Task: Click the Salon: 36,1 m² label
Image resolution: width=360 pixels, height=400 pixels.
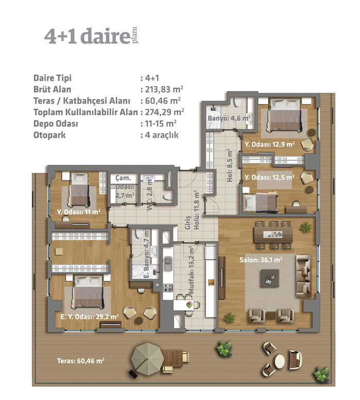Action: [261, 260]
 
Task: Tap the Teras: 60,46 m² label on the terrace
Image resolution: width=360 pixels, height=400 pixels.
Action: [81, 360]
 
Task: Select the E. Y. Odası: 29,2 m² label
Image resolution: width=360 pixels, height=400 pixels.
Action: [89, 317]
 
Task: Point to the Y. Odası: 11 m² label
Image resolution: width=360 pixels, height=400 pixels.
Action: [79, 212]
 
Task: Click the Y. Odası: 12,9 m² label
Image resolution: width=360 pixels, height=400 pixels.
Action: [269, 144]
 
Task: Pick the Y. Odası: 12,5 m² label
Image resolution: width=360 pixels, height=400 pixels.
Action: [269, 177]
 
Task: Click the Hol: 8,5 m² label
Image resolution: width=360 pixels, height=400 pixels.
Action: [229, 166]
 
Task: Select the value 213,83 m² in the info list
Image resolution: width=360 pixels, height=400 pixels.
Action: [164, 89]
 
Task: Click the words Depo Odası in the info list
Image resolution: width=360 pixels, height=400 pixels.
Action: [56, 123]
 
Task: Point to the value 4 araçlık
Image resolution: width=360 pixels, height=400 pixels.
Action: [162, 135]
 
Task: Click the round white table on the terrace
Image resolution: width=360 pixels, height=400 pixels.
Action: [280, 361]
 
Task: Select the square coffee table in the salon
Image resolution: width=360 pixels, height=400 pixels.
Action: [269, 278]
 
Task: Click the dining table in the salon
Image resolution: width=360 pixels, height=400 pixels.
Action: [273, 234]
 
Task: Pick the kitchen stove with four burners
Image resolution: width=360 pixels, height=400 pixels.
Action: [168, 288]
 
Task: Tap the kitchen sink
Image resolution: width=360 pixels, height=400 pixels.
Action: [168, 263]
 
